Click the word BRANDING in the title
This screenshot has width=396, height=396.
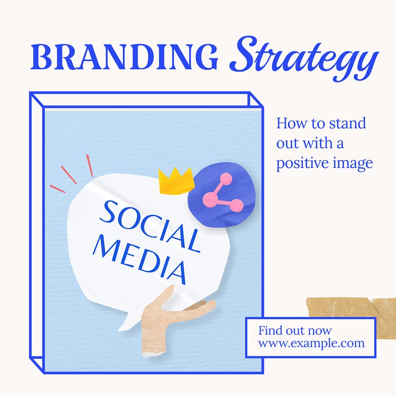coord(124,57)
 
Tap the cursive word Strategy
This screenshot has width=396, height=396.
coord(304,58)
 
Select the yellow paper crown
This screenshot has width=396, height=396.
coord(177,181)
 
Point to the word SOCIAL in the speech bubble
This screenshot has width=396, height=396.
coord(150,226)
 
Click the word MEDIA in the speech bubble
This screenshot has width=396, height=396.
coord(140,258)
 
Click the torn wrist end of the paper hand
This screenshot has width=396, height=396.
coord(153,353)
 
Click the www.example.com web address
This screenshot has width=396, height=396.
coord(311,344)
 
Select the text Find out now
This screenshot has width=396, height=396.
coord(295,330)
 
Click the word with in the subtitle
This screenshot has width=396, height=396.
coord(318,143)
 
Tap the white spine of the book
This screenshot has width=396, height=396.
coord(36,227)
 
